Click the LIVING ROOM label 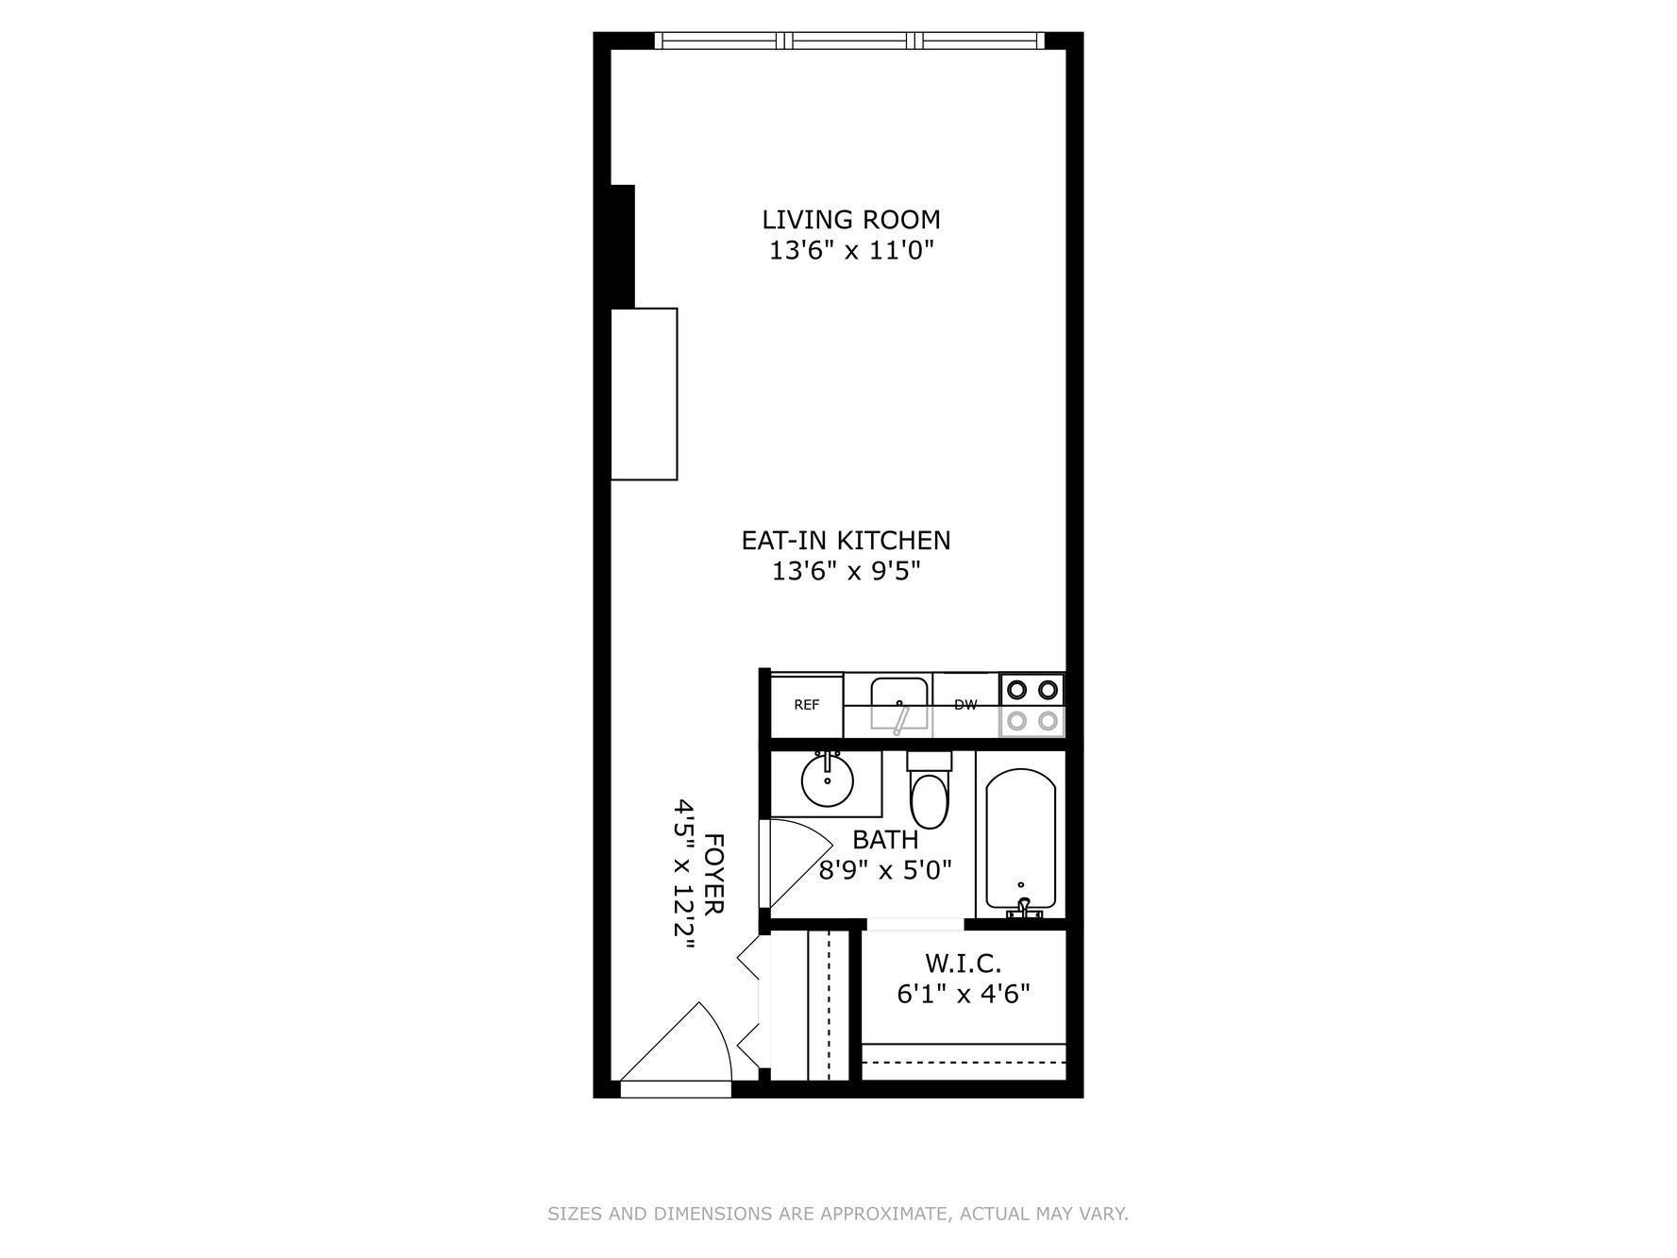tap(850, 220)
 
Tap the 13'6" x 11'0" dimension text tap(850, 251)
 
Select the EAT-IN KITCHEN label tap(846, 541)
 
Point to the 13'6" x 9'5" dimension tap(846, 571)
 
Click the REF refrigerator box tap(807, 705)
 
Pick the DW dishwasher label tap(965, 705)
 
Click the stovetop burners tap(1031, 705)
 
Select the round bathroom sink tap(828, 780)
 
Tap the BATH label tap(884, 839)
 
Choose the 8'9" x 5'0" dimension tap(884, 869)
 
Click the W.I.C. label tap(963, 964)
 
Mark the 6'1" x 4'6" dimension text tap(963, 994)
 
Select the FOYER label tap(714, 873)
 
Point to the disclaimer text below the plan tap(838, 1214)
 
